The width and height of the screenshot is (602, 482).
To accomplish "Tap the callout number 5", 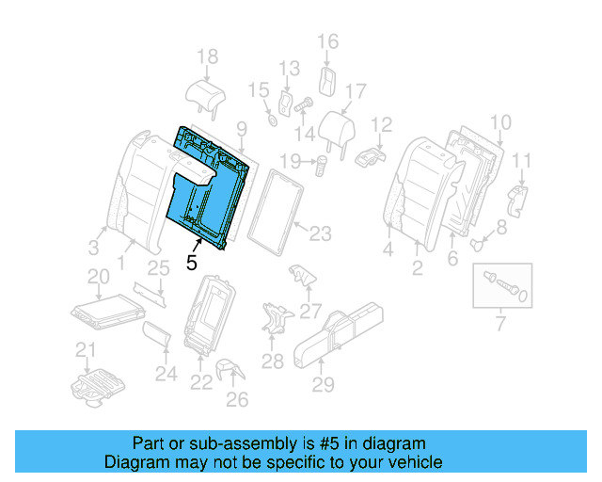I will click(192, 263).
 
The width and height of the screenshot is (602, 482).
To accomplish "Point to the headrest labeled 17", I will click(335, 128).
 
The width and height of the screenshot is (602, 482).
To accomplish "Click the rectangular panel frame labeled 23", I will click(281, 213).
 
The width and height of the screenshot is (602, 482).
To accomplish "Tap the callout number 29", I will click(323, 384).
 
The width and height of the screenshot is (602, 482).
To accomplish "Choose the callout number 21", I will click(86, 351).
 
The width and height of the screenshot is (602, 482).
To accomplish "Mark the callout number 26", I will click(237, 400).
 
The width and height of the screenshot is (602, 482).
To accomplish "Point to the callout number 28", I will click(272, 361).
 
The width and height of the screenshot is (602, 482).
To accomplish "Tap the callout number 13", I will click(288, 68).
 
